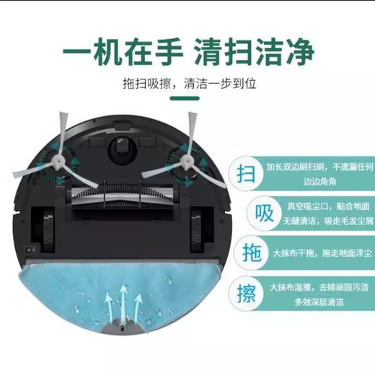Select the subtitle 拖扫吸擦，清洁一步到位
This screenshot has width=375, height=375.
tap(187, 84)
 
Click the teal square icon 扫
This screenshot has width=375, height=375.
tap(246, 174)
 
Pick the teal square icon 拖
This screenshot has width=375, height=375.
tap(246, 254)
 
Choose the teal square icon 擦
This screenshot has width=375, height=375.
tap(246, 294)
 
